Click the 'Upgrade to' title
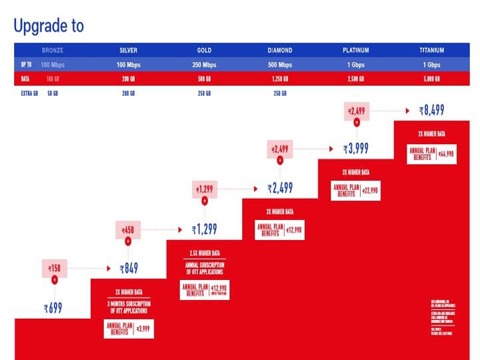pyautogui.click(x=49, y=26)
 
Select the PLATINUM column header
pyautogui.click(x=355, y=51)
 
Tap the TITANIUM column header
pyautogui.click(x=431, y=51)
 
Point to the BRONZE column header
pyautogui.click(x=53, y=51)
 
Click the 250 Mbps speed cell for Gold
pyautogui.click(x=204, y=65)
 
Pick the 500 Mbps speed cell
pyautogui.click(x=280, y=65)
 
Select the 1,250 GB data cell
pyautogui.click(x=280, y=79)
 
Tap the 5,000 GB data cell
pyautogui.click(x=431, y=79)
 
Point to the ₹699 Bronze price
pyautogui.click(x=53, y=309)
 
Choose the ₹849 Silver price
pyautogui.click(x=129, y=269)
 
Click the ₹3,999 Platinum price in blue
pyautogui.click(x=356, y=149)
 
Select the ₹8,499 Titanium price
pyautogui.click(x=432, y=110)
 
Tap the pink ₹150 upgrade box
pyautogui.click(x=55, y=269)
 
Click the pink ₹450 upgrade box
pyautogui.click(x=129, y=231)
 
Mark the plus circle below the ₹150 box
pyautogui.click(x=55, y=281)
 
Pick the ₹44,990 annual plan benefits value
pyautogui.click(x=447, y=154)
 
